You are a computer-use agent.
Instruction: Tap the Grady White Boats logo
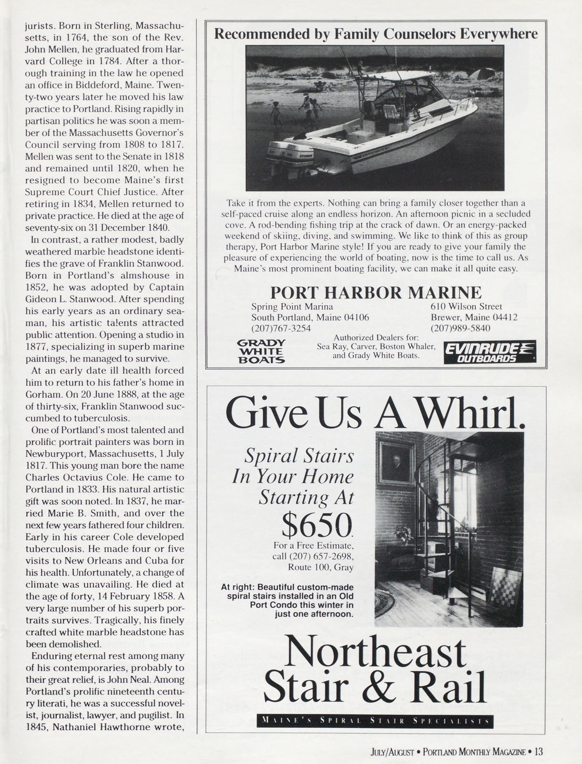click(x=261, y=351)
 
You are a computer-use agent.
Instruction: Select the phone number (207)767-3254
click(x=281, y=328)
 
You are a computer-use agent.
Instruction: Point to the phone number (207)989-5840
click(x=460, y=328)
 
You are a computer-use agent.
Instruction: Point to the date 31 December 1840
click(x=133, y=228)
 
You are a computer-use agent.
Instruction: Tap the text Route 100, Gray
click(x=320, y=567)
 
